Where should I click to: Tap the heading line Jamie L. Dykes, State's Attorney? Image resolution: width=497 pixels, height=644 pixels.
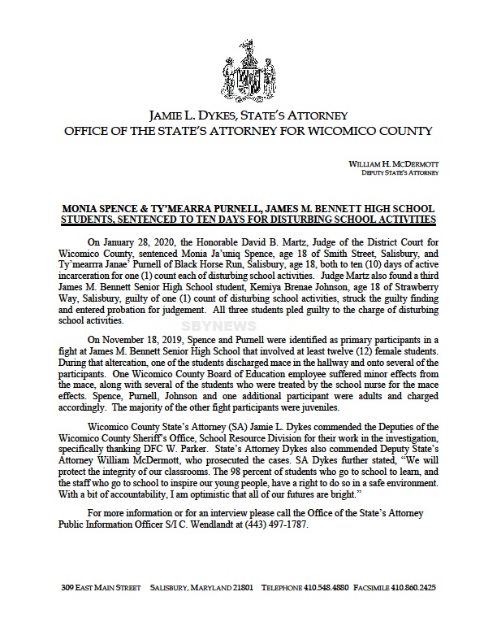pyautogui.click(x=248, y=115)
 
